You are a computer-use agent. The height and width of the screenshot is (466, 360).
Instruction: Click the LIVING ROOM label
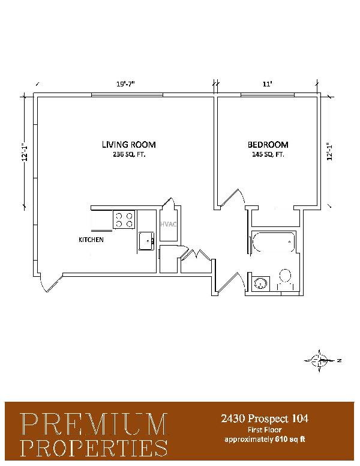[x=128, y=145]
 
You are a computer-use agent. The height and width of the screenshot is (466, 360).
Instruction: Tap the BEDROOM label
[x=268, y=145]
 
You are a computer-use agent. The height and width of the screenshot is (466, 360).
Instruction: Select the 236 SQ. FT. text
[x=129, y=154]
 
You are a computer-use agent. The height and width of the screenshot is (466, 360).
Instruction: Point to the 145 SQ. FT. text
[x=268, y=154]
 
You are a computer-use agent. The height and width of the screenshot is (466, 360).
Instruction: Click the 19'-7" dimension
[x=125, y=84]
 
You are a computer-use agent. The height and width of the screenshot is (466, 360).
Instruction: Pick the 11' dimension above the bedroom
[x=268, y=84]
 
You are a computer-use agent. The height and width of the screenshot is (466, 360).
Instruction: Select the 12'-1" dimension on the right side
[x=329, y=152]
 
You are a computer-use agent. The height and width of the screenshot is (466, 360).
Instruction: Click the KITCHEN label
[x=91, y=240]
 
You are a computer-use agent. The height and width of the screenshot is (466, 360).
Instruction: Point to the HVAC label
[x=168, y=224]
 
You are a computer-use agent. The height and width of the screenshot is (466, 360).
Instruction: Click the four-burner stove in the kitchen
[x=124, y=219]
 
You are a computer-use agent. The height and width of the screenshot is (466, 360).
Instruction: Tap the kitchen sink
[x=147, y=241]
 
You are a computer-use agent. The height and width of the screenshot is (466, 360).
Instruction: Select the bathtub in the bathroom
[x=273, y=242]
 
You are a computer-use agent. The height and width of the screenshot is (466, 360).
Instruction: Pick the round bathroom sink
[x=260, y=283]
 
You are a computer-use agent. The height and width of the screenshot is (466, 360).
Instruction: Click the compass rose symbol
[x=320, y=361]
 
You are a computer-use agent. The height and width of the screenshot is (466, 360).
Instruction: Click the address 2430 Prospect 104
[x=265, y=419]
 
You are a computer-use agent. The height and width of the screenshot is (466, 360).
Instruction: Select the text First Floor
[x=265, y=430]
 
